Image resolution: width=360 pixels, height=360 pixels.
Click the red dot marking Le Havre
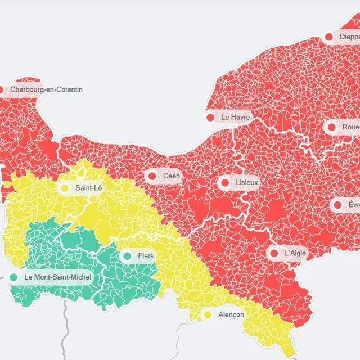point(210,117)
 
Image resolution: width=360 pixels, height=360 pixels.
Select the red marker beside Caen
point(152,176)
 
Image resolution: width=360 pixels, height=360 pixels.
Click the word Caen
point(172,176)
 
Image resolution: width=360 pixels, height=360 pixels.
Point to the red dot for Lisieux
point(225,182)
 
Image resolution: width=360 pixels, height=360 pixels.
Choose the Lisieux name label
point(247,182)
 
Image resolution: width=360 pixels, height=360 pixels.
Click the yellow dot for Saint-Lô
point(65,188)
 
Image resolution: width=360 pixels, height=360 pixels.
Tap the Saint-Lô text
point(89,188)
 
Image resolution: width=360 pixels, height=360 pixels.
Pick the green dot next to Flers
point(127,256)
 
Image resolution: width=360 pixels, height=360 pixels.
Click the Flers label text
point(146,256)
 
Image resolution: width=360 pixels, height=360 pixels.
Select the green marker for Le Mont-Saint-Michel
point(13,277)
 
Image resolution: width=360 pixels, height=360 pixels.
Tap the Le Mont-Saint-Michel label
point(58,277)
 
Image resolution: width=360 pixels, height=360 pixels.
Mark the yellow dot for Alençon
point(208,314)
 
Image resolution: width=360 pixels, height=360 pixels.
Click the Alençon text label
point(231,314)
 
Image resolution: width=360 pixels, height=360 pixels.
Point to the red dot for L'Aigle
point(274,253)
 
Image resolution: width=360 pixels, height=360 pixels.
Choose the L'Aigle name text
point(295,253)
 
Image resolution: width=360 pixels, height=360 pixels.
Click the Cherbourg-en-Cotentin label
point(46,89)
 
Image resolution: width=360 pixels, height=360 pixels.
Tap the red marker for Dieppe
point(329,37)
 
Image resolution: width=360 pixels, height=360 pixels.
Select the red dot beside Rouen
point(332,127)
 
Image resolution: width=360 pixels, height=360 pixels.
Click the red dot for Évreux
point(337,205)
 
